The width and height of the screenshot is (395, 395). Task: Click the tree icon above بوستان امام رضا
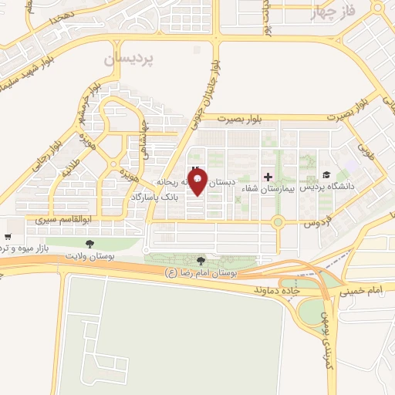(x=201, y=262)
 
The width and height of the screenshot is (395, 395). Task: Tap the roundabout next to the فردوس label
(x=278, y=222)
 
